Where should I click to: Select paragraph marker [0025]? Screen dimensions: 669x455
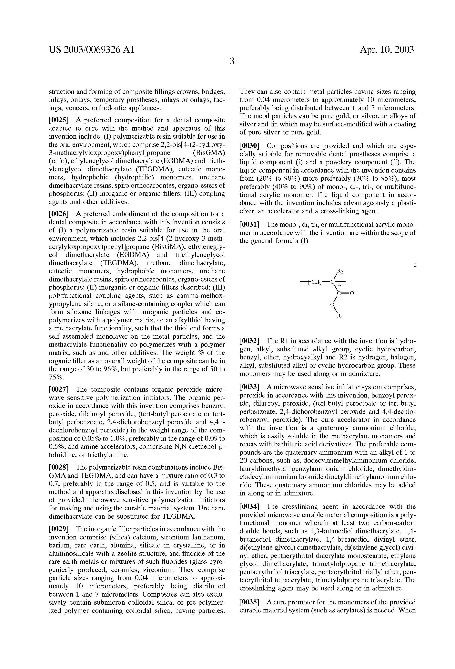click(x=58, y=120)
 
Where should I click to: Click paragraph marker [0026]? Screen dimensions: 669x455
click(x=58, y=214)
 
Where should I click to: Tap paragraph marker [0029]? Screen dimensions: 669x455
click(x=58, y=529)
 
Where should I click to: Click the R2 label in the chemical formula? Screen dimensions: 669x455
click(x=340, y=271)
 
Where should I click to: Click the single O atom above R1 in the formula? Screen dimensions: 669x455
click(x=332, y=304)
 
